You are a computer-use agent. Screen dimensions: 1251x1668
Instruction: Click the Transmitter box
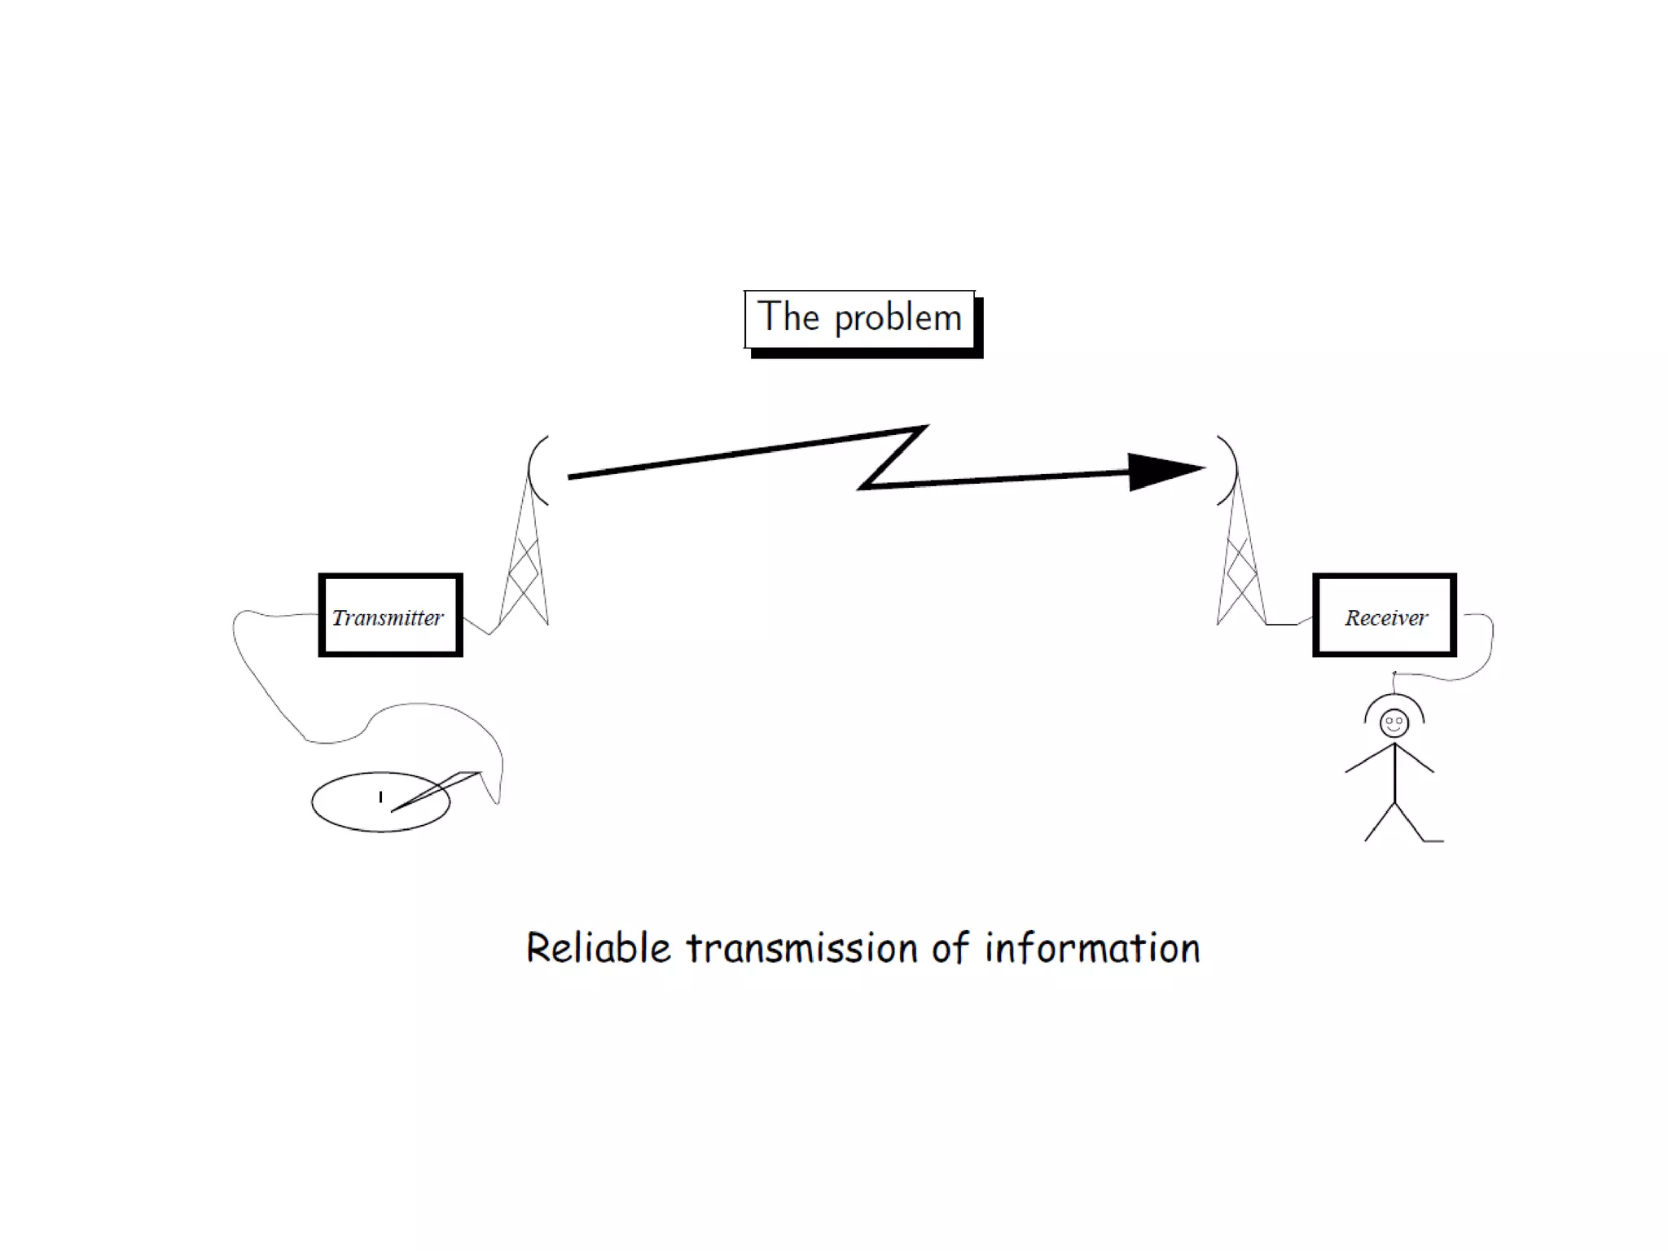tap(390, 616)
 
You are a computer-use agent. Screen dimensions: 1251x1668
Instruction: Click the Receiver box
tap(1384, 616)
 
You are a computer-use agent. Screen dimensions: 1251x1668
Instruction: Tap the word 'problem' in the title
tap(898, 318)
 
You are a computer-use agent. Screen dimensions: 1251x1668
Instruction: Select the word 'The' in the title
tap(788, 317)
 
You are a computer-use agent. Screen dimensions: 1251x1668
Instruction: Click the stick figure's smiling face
tap(1394, 722)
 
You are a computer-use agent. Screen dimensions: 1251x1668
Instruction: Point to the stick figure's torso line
tap(1394, 774)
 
